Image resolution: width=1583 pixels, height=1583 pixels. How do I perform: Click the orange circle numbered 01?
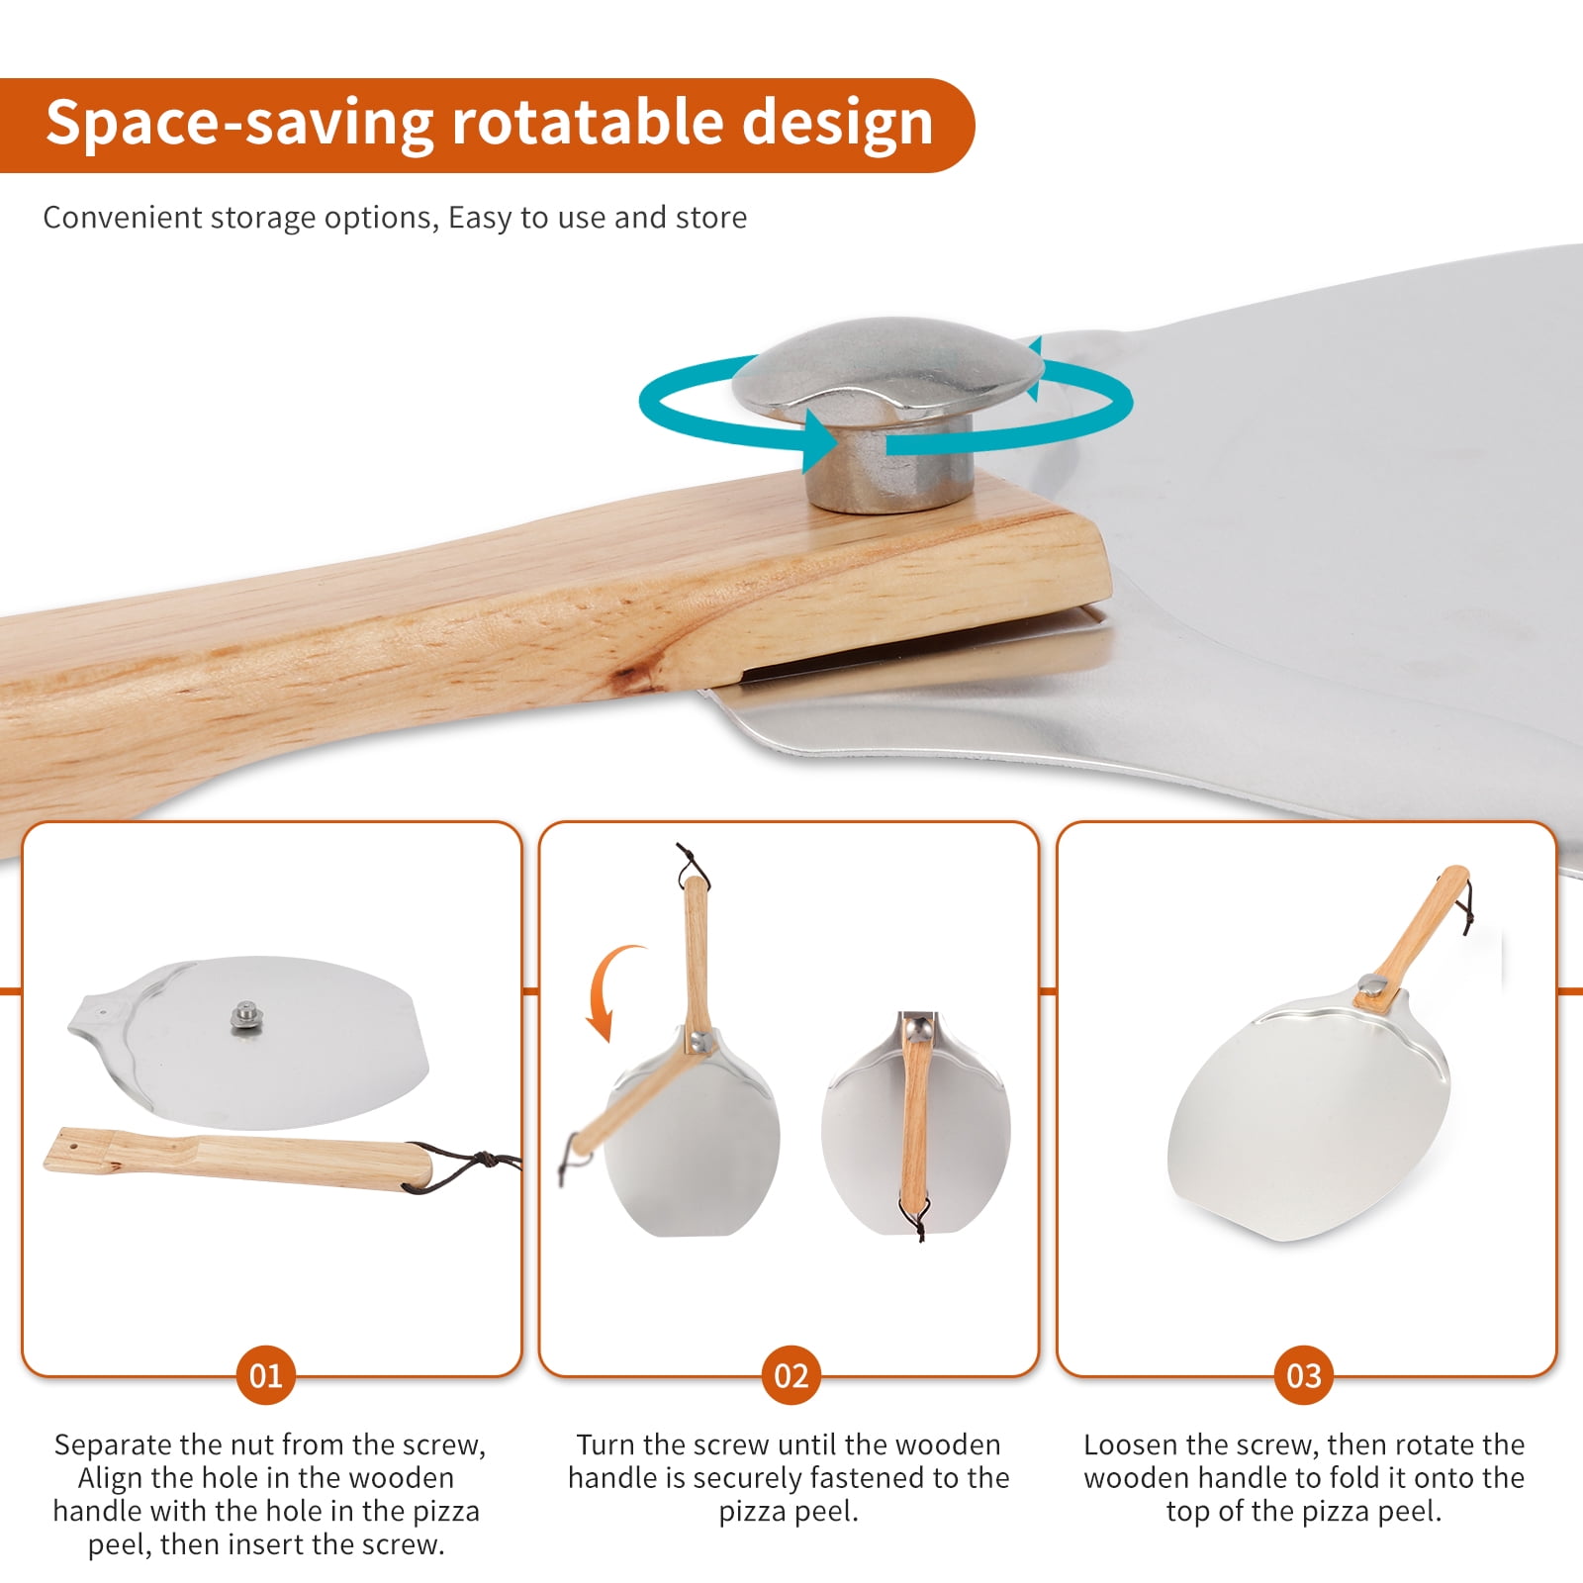tap(265, 1375)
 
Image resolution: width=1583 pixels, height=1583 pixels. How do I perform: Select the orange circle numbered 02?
tap(791, 1375)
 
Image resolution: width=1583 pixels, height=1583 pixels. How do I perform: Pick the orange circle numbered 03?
tap(1303, 1375)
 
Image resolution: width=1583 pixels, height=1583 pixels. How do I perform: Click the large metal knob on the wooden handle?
tap(886, 411)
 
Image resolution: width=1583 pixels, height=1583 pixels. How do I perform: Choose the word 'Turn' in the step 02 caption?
tap(605, 1444)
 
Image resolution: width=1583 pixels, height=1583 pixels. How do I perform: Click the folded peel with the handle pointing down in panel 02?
tap(917, 1124)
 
